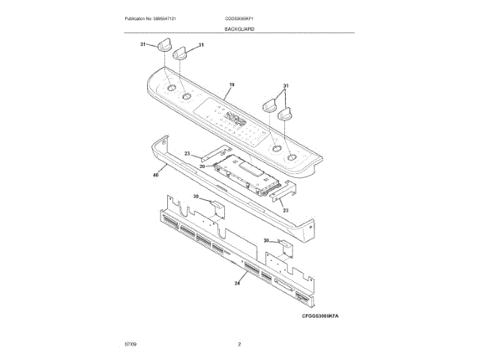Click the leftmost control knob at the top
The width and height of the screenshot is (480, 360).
(x=164, y=49)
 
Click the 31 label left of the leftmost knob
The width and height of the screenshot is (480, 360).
(x=143, y=44)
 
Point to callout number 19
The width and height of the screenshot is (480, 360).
(x=232, y=86)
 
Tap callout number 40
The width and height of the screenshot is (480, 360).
(x=155, y=174)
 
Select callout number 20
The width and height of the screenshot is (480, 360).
(x=202, y=166)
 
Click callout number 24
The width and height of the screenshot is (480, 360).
(x=238, y=282)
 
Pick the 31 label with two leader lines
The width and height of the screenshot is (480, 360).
(x=285, y=85)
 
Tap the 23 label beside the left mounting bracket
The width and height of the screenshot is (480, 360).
(x=188, y=153)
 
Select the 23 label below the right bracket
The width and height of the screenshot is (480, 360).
(x=286, y=211)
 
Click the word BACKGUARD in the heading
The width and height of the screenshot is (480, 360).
(x=239, y=28)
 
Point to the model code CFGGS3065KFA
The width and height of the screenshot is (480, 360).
(x=321, y=317)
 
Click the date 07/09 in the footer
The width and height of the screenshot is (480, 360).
(x=130, y=344)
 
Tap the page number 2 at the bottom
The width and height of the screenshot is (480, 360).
(x=239, y=344)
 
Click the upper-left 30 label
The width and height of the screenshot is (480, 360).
(x=196, y=196)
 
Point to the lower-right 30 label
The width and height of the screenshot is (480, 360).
(x=266, y=241)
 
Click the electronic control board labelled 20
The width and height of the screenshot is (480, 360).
(x=247, y=174)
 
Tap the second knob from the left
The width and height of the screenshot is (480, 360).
(x=181, y=53)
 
